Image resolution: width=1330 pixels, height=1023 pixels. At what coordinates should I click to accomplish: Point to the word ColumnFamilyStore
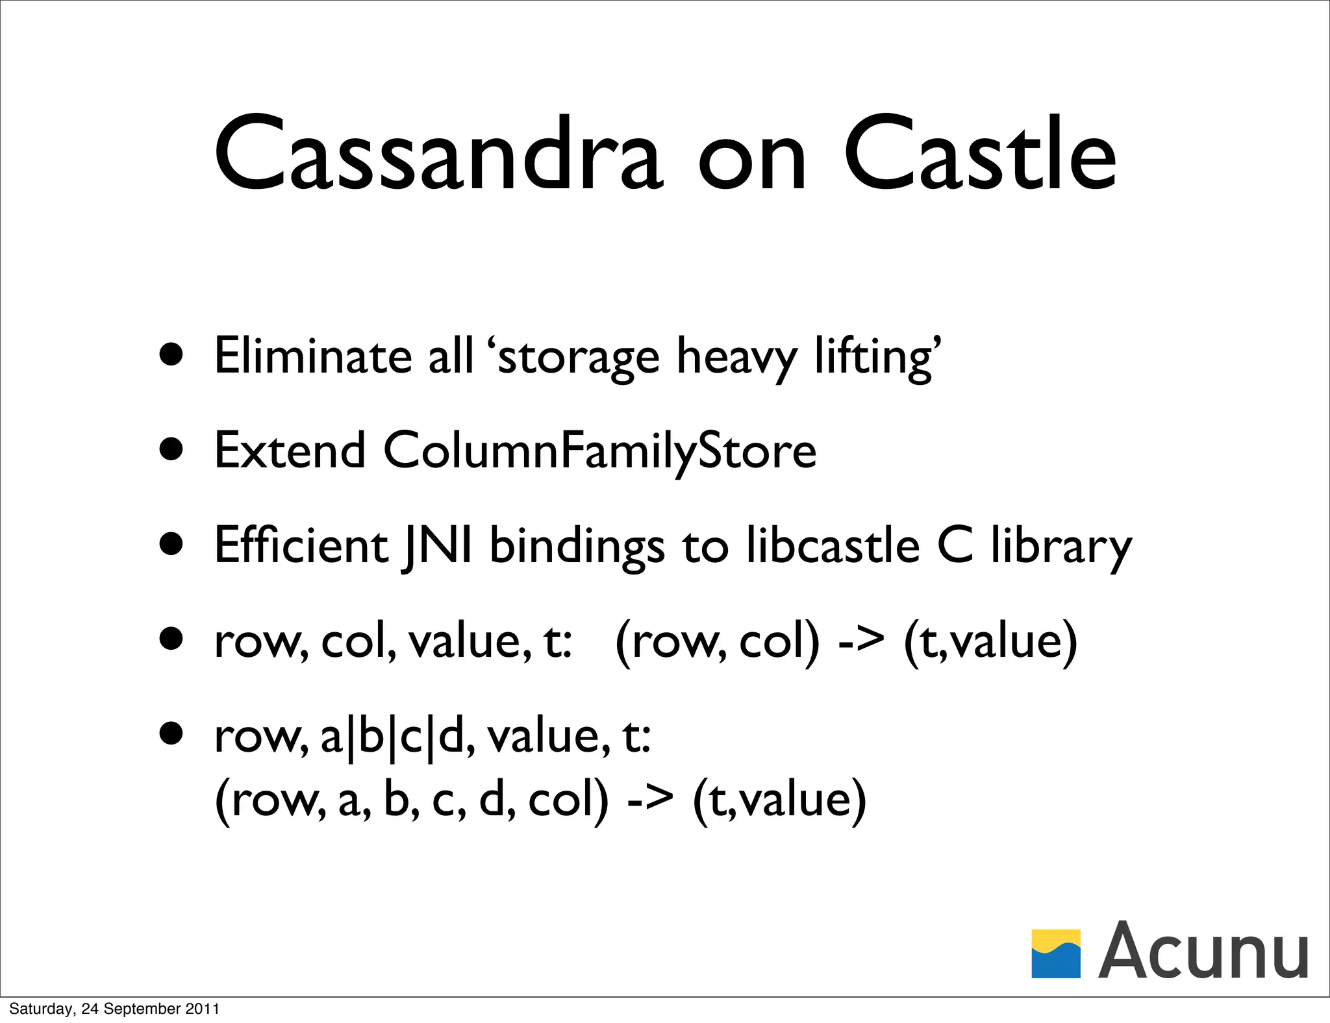[599, 451]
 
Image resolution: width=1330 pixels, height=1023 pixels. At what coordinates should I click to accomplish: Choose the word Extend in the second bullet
[290, 450]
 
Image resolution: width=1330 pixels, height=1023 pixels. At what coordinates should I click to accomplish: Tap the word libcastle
[833, 545]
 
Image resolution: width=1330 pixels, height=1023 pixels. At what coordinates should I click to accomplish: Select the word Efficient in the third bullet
[301, 545]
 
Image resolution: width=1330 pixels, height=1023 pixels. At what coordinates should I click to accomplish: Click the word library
[1060, 548]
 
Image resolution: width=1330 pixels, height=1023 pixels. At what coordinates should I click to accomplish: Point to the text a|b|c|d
[393, 737]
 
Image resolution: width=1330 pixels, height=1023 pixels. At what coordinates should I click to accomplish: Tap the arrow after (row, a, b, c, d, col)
[649, 800]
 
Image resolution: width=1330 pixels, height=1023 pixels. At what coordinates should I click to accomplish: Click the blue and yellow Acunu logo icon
[1056, 954]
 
